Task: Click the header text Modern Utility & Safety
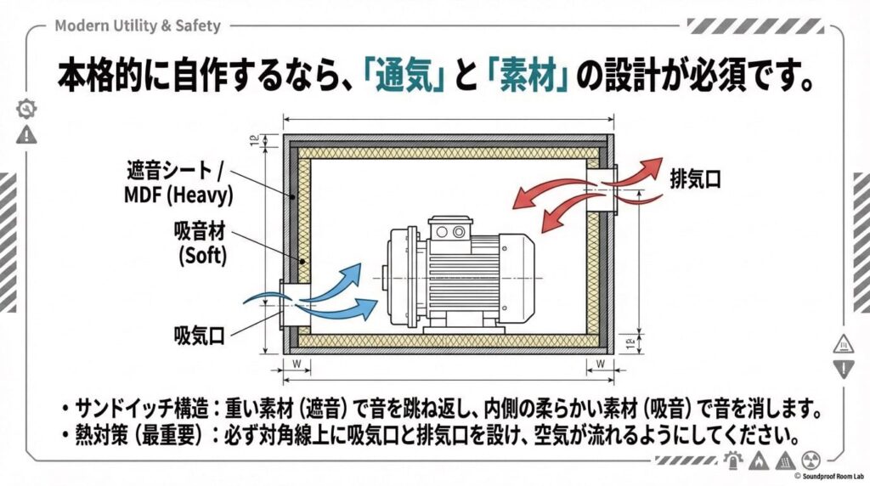137,25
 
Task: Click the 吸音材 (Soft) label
201,242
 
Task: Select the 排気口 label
695,179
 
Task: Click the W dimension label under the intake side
295,364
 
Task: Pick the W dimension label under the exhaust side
601,364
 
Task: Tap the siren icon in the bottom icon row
732,460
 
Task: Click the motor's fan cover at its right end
517,278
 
